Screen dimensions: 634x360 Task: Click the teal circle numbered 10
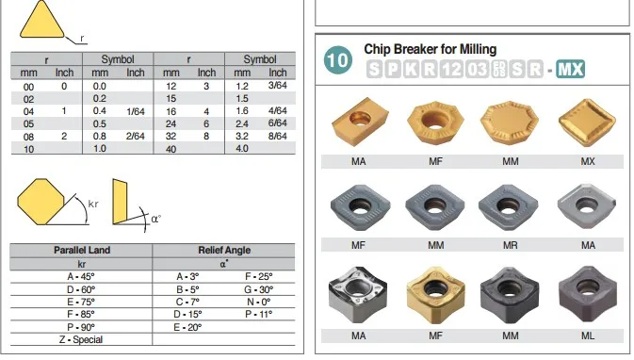click(337, 60)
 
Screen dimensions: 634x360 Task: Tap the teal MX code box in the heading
click(571, 69)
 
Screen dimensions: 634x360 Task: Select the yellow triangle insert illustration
click(41, 19)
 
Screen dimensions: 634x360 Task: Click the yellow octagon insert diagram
click(41, 202)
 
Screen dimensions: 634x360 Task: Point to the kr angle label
click(93, 204)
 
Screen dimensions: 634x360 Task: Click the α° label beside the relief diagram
click(156, 219)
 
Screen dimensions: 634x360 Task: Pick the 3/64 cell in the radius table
click(277, 86)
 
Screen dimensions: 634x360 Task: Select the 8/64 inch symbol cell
click(277, 136)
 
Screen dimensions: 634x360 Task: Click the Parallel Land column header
click(82, 250)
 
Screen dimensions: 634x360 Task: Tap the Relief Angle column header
click(224, 250)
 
